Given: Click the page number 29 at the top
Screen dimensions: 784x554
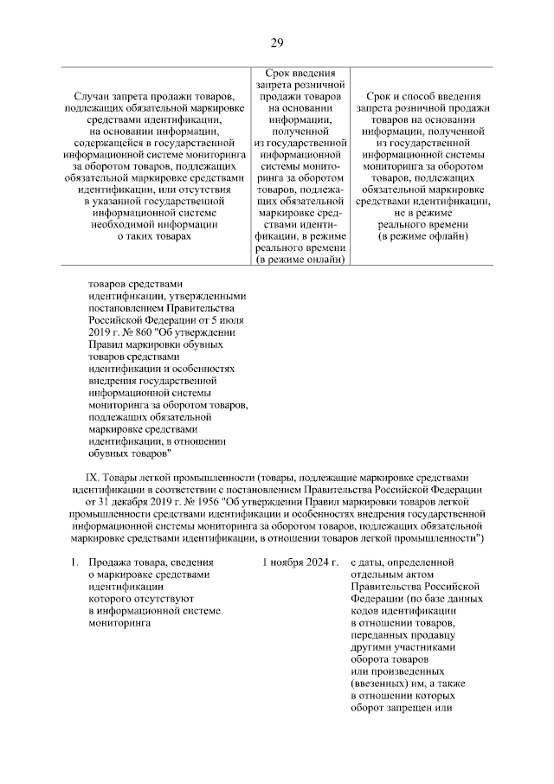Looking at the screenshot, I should [x=277, y=43].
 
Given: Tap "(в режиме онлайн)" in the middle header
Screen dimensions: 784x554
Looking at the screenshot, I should [x=300, y=259].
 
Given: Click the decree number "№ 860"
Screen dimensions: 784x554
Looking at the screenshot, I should [x=139, y=331].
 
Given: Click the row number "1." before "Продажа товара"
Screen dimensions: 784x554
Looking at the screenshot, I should [x=75, y=563].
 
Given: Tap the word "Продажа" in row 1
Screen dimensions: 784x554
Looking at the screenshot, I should [x=110, y=563].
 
